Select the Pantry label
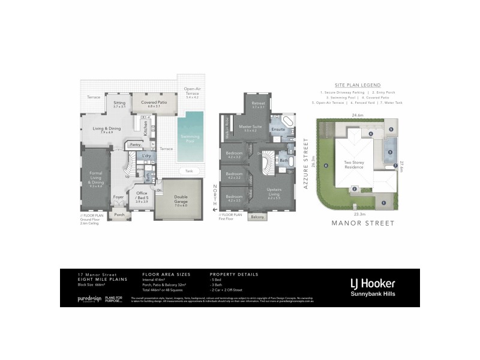pyautogui.click(x=135, y=145)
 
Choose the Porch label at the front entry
pyautogui.click(x=119, y=214)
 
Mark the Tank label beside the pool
pyautogui.click(x=189, y=170)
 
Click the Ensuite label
pyautogui.click(x=278, y=129)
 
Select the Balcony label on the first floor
pyautogui.click(x=257, y=217)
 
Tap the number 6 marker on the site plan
pyautogui.click(x=326, y=166)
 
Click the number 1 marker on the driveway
pyautogui.click(x=383, y=202)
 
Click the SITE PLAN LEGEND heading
pyautogui.click(x=358, y=85)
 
